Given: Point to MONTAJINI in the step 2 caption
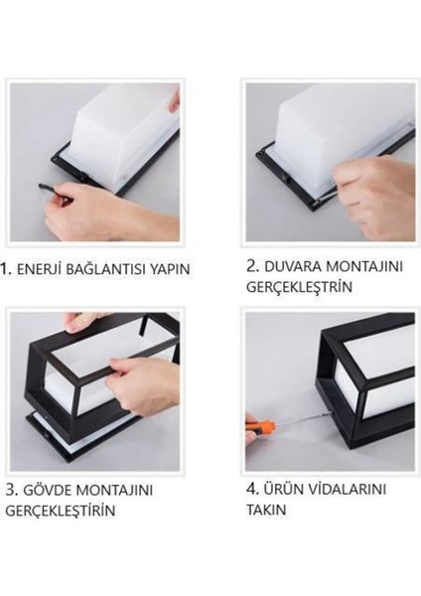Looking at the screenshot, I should [x=362, y=265].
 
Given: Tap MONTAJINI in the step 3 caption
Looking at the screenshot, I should [x=128, y=491].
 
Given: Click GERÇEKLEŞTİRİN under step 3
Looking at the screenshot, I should [x=60, y=511].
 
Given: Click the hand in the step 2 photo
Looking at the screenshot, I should [x=372, y=189].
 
